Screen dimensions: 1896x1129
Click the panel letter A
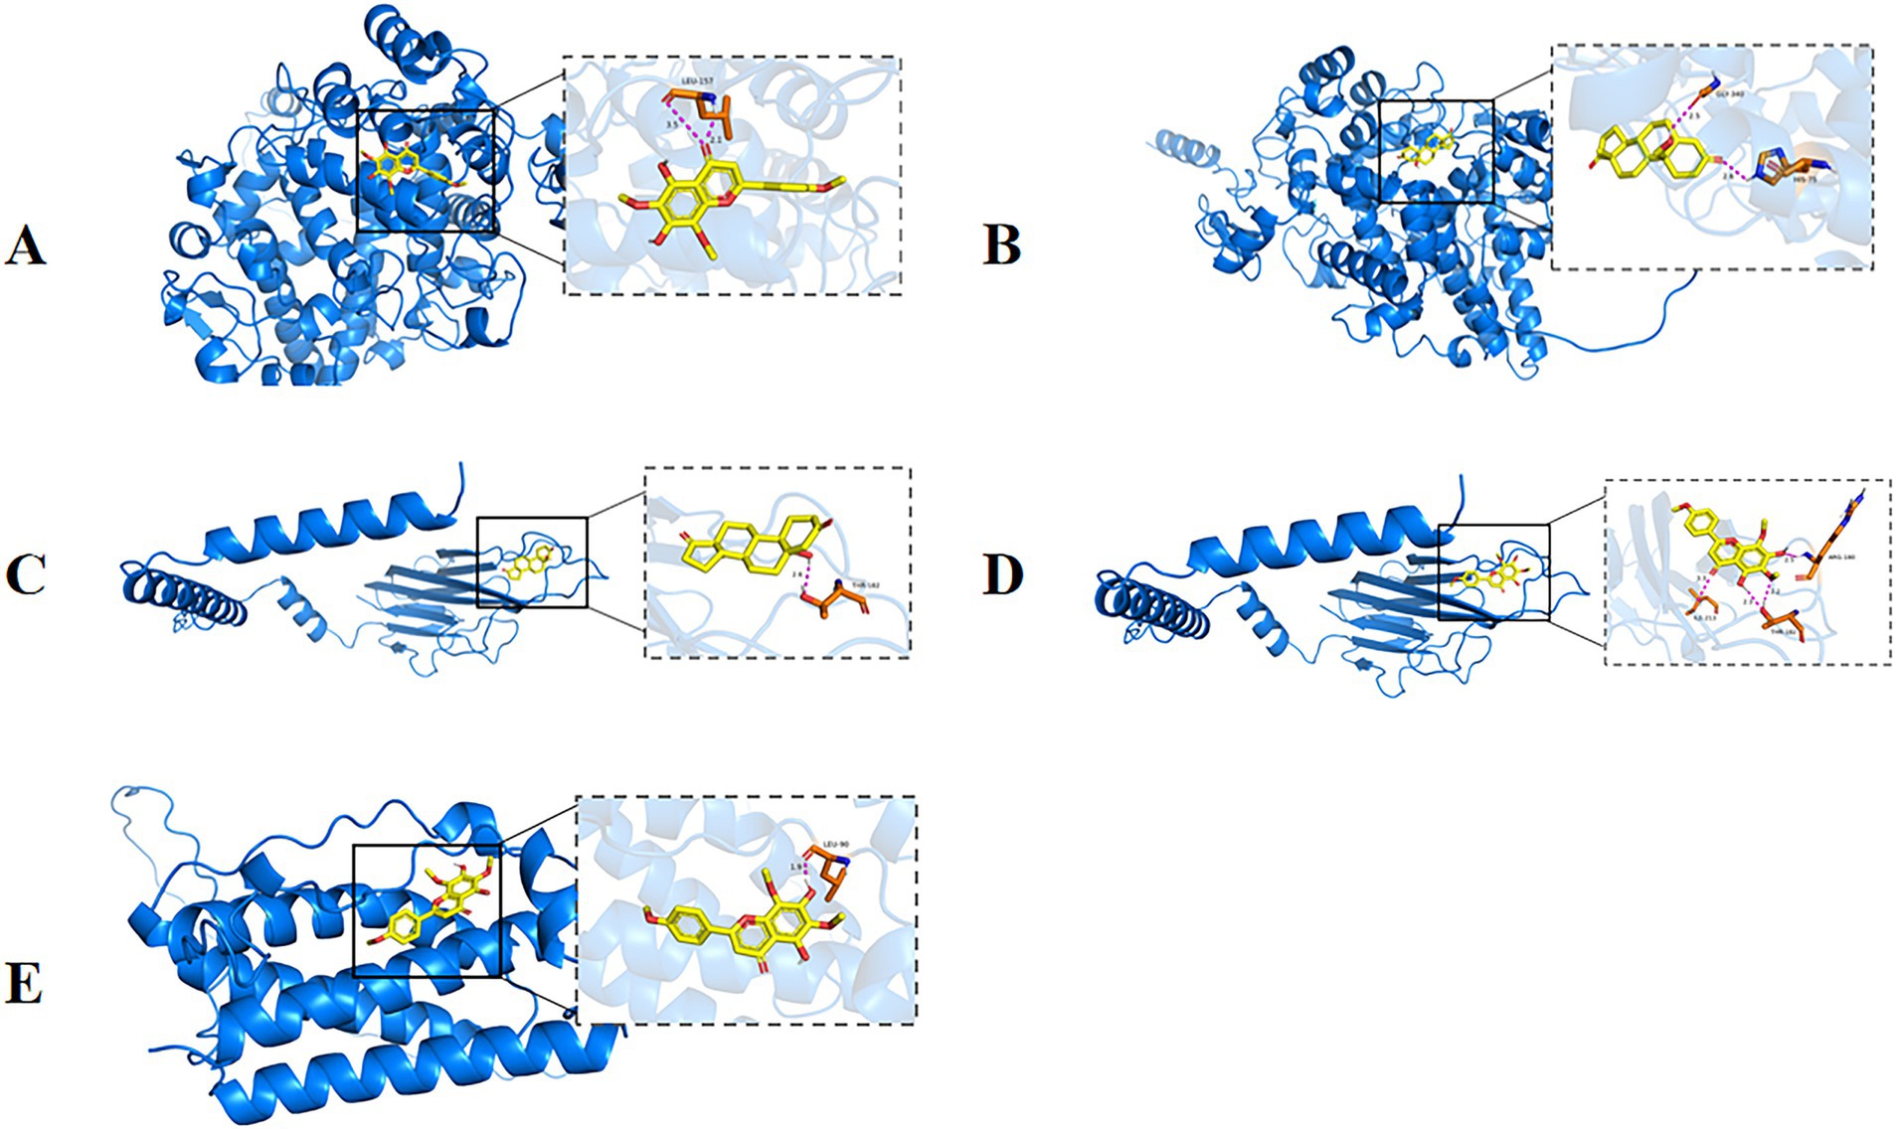pos(25,245)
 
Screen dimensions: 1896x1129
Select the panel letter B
pos(1001,245)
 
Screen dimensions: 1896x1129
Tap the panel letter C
pos(25,574)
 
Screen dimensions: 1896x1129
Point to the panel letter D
pos(1001,574)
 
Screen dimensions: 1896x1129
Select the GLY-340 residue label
pos(1730,93)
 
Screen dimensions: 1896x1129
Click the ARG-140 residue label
pos(1842,558)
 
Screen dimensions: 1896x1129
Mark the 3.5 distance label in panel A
pos(672,126)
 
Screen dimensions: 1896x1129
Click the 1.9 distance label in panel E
pos(795,867)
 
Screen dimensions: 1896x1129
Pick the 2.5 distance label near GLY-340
pos(1694,116)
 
